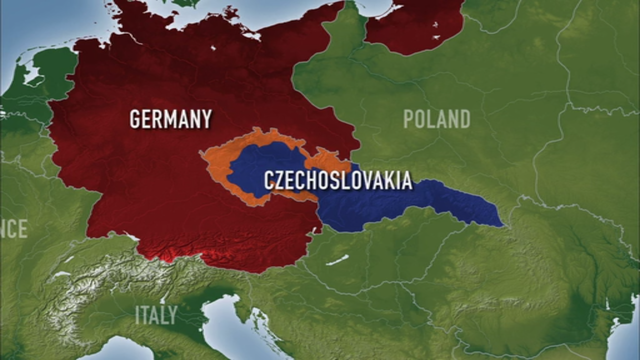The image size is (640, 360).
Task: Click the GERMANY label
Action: click(x=170, y=119)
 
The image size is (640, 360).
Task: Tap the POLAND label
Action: click(x=436, y=120)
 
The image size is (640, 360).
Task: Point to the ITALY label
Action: click(x=156, y=315)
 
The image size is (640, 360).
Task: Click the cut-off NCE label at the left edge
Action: click(x=13, y=229)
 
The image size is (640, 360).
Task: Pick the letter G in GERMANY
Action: click(x=136, y=119)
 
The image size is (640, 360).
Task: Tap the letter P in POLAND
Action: click(x=409, y=120)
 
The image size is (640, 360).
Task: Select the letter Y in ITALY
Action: click(x=173, y=315)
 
